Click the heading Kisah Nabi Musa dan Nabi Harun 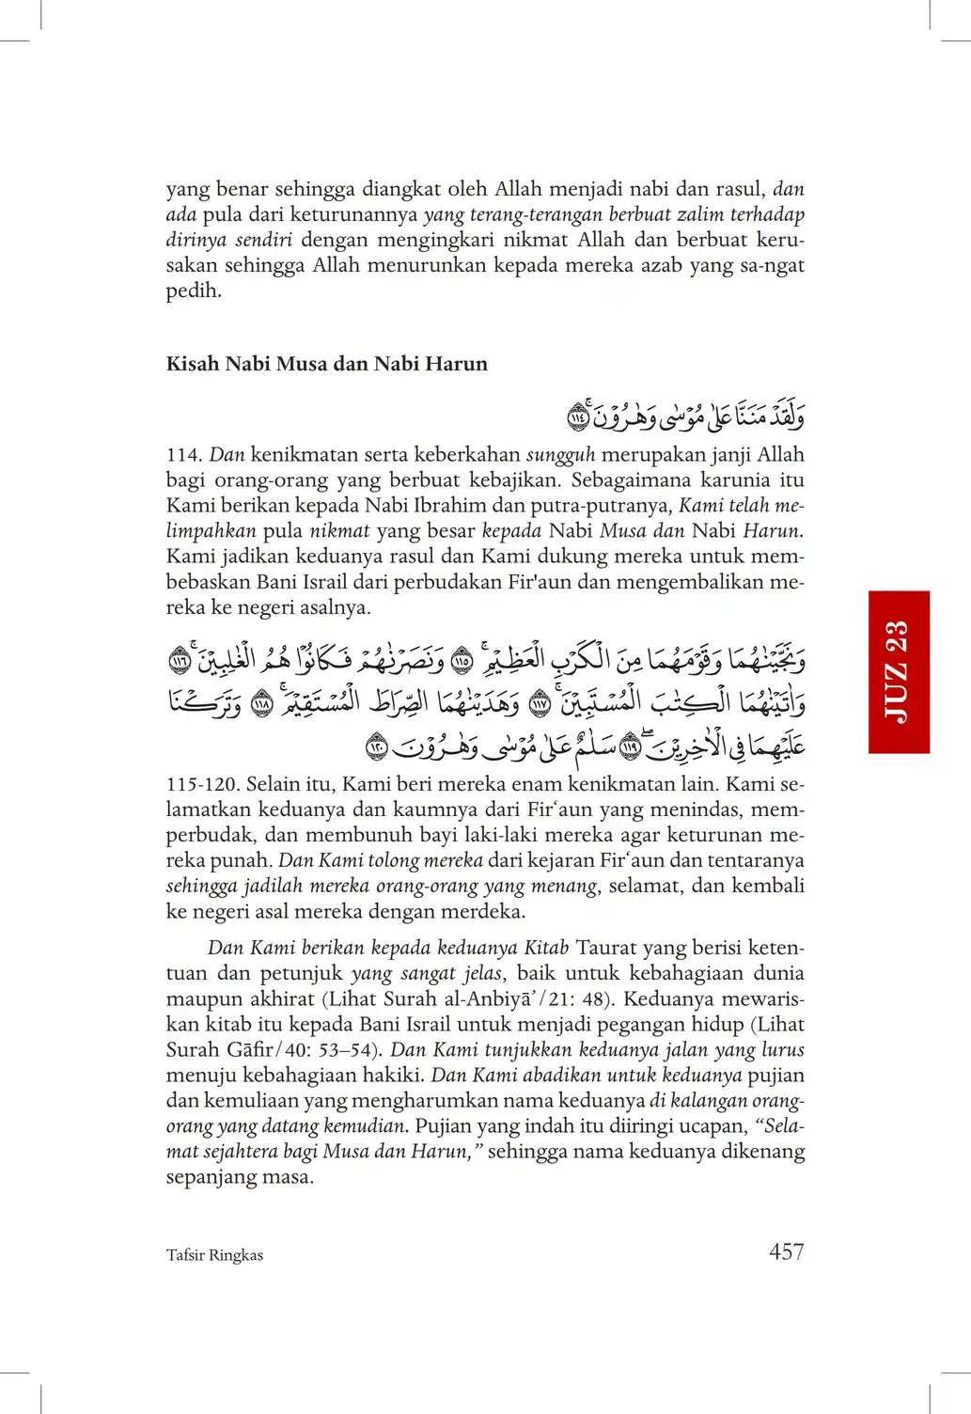click(x=326, y=364)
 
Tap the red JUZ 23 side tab click(x=899, y=671)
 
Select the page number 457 click(x=786, y=1251)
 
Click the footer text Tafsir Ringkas click(x=214, y=1255)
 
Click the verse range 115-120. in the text click(x=202, y=784)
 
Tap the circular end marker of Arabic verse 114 click(x=578, y=415)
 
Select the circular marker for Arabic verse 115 click(x=462, y=661)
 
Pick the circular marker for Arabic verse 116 click(x=180, y=661)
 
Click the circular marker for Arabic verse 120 click(x=376, y=747)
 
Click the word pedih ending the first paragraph click(x=194, y=291)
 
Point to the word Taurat click(x=605, y=948)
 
